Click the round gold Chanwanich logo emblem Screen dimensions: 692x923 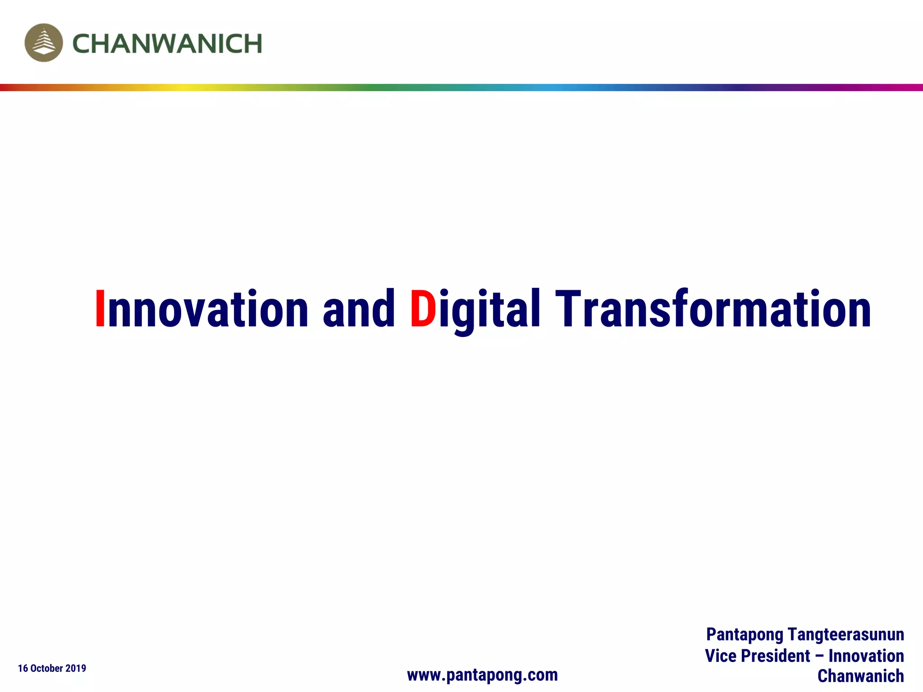(44, 43)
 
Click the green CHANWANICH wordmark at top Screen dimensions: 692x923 (167, 44)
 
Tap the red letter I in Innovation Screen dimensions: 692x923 (100, 309)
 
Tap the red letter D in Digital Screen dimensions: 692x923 (423, 309)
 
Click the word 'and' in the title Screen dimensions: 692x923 (359, 309)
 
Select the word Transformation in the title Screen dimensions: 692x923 (713, 309)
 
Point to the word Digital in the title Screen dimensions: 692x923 (475, 309)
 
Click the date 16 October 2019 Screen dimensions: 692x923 (52, 668)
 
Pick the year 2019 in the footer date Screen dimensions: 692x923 (76, 668)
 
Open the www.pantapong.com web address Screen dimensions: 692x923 (482, 675)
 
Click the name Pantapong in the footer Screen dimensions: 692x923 (745, 634)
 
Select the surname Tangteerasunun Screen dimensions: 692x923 (846, 634)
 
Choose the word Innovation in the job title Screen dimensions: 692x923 (866, 656)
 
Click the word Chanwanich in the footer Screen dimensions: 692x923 (860, 676)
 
